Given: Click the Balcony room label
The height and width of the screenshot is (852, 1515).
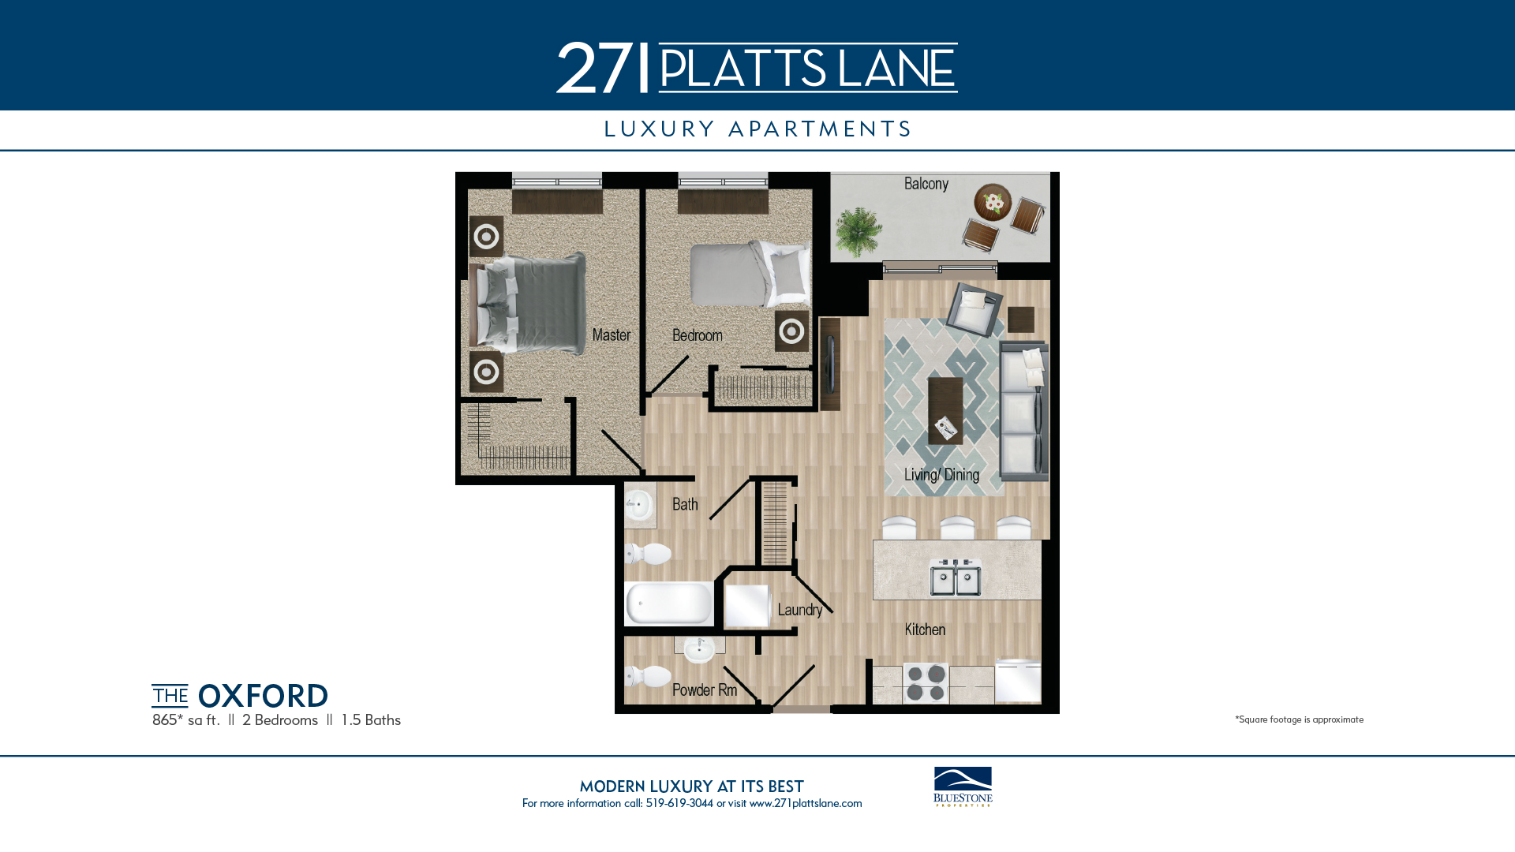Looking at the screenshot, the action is [926, 184].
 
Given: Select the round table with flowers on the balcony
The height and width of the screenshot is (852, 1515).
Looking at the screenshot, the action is [993, 202].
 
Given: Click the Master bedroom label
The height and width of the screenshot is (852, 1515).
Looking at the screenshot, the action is [612, 334].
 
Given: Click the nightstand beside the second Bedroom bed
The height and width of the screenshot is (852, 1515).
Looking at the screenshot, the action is [791, 331].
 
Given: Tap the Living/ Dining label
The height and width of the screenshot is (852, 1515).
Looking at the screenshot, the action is [941, 474].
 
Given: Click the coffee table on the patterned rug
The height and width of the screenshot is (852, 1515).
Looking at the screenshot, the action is [945, 410].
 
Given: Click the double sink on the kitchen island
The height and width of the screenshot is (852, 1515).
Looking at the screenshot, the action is [956, 577].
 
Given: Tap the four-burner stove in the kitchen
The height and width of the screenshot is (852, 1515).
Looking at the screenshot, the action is [926, 683].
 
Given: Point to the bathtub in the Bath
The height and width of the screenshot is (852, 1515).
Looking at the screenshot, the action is [669, 603].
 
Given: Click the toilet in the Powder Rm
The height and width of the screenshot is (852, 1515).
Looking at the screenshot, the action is [648, 676].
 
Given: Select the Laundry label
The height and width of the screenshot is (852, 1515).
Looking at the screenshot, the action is [800, 609].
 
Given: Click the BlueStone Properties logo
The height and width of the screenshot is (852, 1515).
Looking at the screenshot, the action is [963, 787].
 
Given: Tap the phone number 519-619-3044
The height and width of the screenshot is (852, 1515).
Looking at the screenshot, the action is [679, 803].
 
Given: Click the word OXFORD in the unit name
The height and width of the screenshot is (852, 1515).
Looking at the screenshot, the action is [263, 696].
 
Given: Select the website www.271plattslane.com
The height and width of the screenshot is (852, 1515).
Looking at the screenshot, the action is [806, 803].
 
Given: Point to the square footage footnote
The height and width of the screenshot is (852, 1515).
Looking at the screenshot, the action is [1299, 719].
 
